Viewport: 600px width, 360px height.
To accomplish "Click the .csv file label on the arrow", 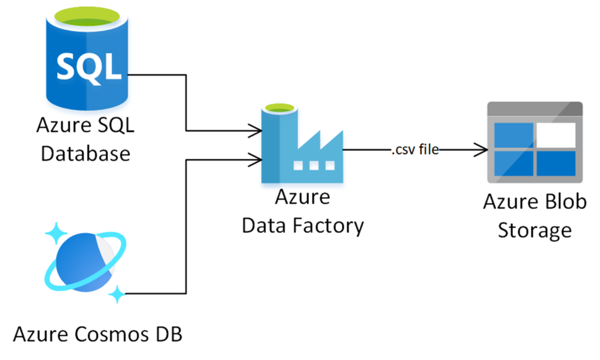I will pyautogui.click(x=415, y=150).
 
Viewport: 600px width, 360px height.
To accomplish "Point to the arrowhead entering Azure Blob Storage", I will pyautogui.click(x=482, y=150).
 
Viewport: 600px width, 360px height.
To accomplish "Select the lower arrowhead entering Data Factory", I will pyautogui.click(x=255, y=158).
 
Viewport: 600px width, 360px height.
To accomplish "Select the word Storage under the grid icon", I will pyautogui.click(x=534, y=230).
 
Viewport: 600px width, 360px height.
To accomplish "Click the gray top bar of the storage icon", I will pyautogui.click(x=535, y=109).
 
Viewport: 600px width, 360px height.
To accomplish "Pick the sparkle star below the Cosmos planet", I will pyautogui.click(x=118, y=293).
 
